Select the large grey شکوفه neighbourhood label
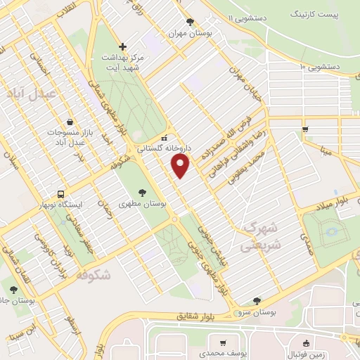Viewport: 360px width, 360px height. (x=91, y=275)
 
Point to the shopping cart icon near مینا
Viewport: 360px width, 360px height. (x=304, y=129)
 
